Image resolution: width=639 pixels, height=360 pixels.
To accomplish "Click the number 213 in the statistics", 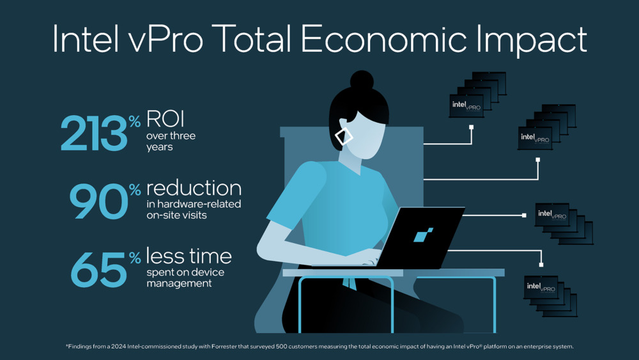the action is tap(94, 133).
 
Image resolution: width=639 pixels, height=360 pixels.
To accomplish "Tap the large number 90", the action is tap(99, 201).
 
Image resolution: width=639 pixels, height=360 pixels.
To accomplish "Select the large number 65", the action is tap(99, 269).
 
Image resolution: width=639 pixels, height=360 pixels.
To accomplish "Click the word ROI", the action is tap(166, 119).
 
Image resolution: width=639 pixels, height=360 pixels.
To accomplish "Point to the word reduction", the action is tap(194, 189).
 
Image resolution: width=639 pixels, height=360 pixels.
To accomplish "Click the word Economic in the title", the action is tap(383, 39).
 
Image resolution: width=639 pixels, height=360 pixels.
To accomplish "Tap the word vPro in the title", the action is tap(166, 40).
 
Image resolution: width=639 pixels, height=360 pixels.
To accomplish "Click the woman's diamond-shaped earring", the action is tap(344, 136).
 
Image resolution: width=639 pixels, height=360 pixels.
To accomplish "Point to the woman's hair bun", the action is tap(362, 81).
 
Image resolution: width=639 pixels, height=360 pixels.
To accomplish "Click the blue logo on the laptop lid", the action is tap(423, 235).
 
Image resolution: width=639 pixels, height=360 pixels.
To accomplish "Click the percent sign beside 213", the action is tap(134, 121).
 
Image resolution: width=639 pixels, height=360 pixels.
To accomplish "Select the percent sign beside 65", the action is tap(135, 257).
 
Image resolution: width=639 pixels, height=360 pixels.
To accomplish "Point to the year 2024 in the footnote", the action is tap(119, 347).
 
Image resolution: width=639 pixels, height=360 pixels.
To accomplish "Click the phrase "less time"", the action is tap(189, 256).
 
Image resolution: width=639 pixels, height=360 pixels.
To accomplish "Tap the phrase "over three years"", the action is tap(171, 141).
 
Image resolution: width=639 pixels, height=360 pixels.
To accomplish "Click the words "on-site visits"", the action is tap(176, 215).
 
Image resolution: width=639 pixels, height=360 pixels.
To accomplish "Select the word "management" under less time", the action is tap(179, 283).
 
